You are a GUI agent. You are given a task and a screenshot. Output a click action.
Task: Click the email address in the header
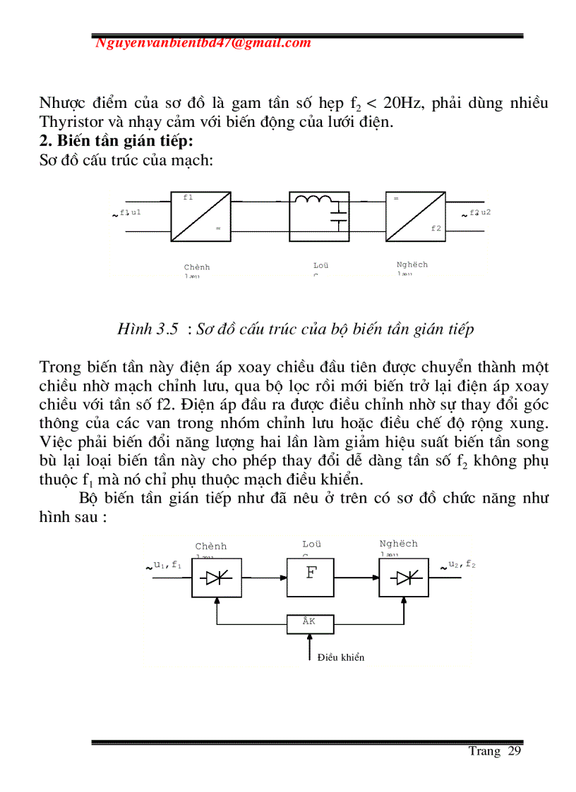(x=203, y=43)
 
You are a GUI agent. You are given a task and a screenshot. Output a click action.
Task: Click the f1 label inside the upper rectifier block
(x=188, y=198)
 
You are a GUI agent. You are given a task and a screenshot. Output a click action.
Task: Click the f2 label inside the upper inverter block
(x=436, y=229)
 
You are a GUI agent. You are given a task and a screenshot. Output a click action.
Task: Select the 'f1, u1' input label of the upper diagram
(x=130, y=212)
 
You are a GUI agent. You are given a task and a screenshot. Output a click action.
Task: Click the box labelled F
(x=311, y=578)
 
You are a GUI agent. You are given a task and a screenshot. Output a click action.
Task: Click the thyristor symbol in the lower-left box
(x=216, y=578)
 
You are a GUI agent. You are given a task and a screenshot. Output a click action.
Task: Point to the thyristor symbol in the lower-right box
(x=405, y=578)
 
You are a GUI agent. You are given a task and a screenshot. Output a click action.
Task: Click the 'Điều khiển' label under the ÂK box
(x=341, y=657)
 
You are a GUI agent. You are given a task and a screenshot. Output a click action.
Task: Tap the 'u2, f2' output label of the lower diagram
(x=462, y=565)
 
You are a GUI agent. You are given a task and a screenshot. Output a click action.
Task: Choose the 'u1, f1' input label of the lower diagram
(x=167, y=565)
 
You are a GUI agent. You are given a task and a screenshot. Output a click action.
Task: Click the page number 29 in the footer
(x=514, y=752)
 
